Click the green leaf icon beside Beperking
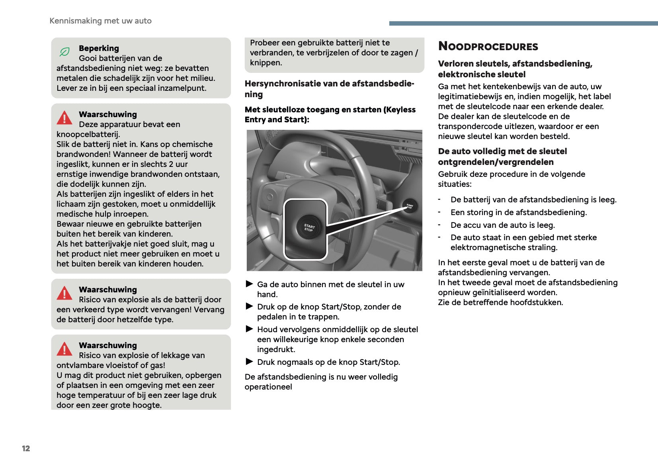pos(64,52)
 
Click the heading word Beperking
pos(99,48)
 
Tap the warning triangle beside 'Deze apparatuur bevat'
pos(64,118)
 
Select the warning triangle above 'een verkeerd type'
pos(64,293)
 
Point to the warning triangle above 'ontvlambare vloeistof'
pos(64,349)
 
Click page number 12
pos(26,448)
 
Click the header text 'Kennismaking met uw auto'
pos(100,21)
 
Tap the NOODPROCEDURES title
pos(488,47)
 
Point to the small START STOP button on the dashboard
pos(410,206)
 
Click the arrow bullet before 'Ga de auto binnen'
pos(250,284)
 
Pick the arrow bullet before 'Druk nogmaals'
pos(250,362)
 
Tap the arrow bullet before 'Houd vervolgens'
pos(250,329)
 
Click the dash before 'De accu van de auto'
pos(439,225)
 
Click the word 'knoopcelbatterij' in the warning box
pos(88,134)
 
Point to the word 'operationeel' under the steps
pos(268,387)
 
